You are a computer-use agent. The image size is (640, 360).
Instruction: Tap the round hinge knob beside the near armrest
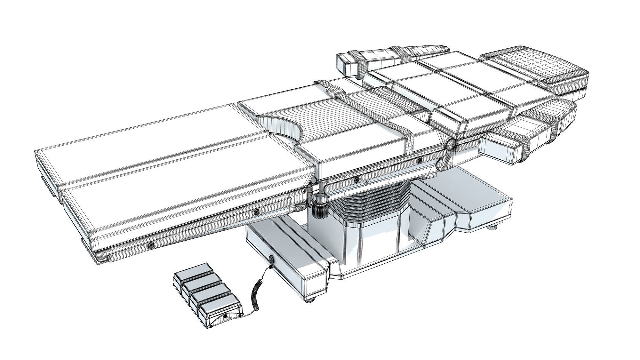click(450, 145)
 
